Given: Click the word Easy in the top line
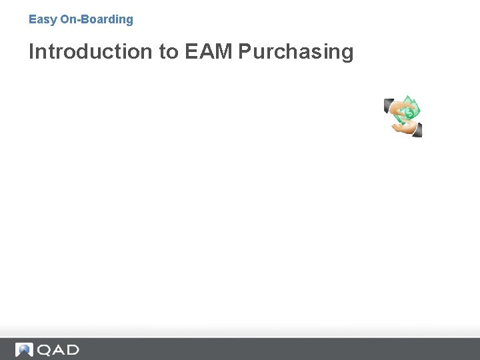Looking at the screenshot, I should point(43,20).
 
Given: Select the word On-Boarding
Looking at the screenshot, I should point(97,20).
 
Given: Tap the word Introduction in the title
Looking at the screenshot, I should point(91,52).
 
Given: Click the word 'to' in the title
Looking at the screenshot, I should point(169,52).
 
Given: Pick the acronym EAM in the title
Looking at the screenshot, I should point(208,52).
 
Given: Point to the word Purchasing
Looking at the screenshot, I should point(295,52).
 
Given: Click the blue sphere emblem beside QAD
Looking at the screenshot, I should point(25,349).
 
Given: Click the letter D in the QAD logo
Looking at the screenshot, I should point(72,349).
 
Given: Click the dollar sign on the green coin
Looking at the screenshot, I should point(409,113).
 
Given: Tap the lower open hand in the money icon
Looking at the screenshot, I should point(405,127).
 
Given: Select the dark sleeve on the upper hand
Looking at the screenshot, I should point(389,105).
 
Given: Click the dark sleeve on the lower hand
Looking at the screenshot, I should point(417,131).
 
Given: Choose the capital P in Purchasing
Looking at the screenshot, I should point(245,52).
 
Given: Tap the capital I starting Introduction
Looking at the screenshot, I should point(31,52).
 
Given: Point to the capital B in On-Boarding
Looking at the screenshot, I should point(85,20).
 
